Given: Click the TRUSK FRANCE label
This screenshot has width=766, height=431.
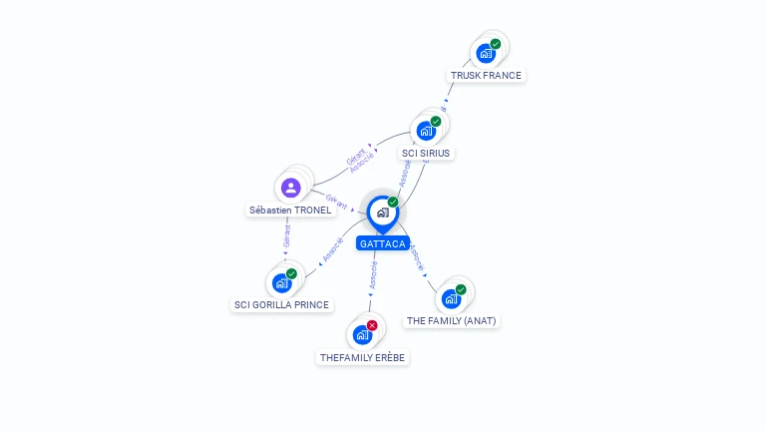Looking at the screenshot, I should (486, 76).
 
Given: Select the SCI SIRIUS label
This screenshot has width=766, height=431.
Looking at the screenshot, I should (426, 154).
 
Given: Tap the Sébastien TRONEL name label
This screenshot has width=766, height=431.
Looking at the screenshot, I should (290, 211).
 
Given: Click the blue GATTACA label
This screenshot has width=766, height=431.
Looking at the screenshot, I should (383, 243).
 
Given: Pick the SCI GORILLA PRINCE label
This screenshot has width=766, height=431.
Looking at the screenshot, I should (281, 305).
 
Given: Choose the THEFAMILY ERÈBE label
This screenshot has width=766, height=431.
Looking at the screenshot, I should (364, 357).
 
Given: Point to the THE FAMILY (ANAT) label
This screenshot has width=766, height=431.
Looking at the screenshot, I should (451, 321).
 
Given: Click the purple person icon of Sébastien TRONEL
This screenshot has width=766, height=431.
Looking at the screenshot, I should (290, 188).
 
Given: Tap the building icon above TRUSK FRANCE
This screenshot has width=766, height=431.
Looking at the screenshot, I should (486, 53).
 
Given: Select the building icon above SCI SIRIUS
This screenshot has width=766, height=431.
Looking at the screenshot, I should (426, 131).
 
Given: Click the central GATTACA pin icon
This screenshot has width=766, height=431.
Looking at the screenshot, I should (382, 212).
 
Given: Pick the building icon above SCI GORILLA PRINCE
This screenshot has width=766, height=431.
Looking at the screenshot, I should (281, 282).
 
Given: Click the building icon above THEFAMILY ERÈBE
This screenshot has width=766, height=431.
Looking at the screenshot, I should (362, 334).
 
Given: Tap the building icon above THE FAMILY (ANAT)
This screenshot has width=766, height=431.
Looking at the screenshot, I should (451, 298).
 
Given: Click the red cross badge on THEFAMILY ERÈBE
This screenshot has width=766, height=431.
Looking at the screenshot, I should (372, 325).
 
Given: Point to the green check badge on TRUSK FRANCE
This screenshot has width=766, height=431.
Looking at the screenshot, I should (496, 44).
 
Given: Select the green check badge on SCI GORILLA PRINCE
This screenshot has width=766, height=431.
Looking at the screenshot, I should (291, 273).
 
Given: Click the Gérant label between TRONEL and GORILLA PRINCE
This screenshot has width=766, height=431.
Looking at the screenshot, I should (286, 236).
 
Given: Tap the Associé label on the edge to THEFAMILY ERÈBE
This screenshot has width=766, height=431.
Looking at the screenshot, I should (373, 276).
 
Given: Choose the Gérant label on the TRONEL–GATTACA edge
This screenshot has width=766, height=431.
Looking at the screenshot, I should (337, 201).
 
